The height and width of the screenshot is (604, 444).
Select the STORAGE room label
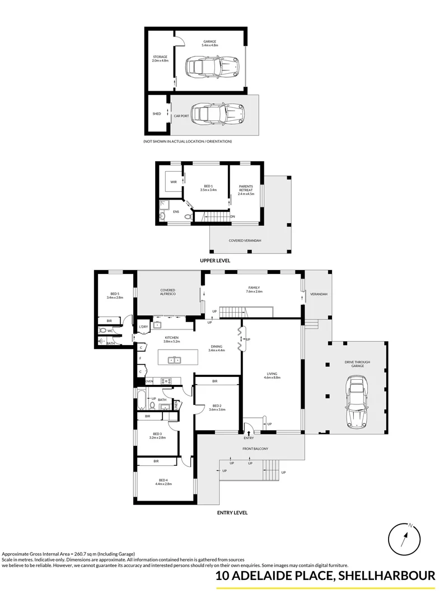[x=160, y=58]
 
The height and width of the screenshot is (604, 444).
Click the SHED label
[x=157, y=114]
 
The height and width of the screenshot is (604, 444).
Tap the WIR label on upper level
[x=174, y=182]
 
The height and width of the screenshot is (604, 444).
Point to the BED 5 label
[x=114, y=295]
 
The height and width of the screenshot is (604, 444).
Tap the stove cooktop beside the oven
[x=166, y=381]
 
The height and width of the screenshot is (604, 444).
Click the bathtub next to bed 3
[x=143, y=400]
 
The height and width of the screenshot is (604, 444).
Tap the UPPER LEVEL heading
[x=216, y=261]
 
